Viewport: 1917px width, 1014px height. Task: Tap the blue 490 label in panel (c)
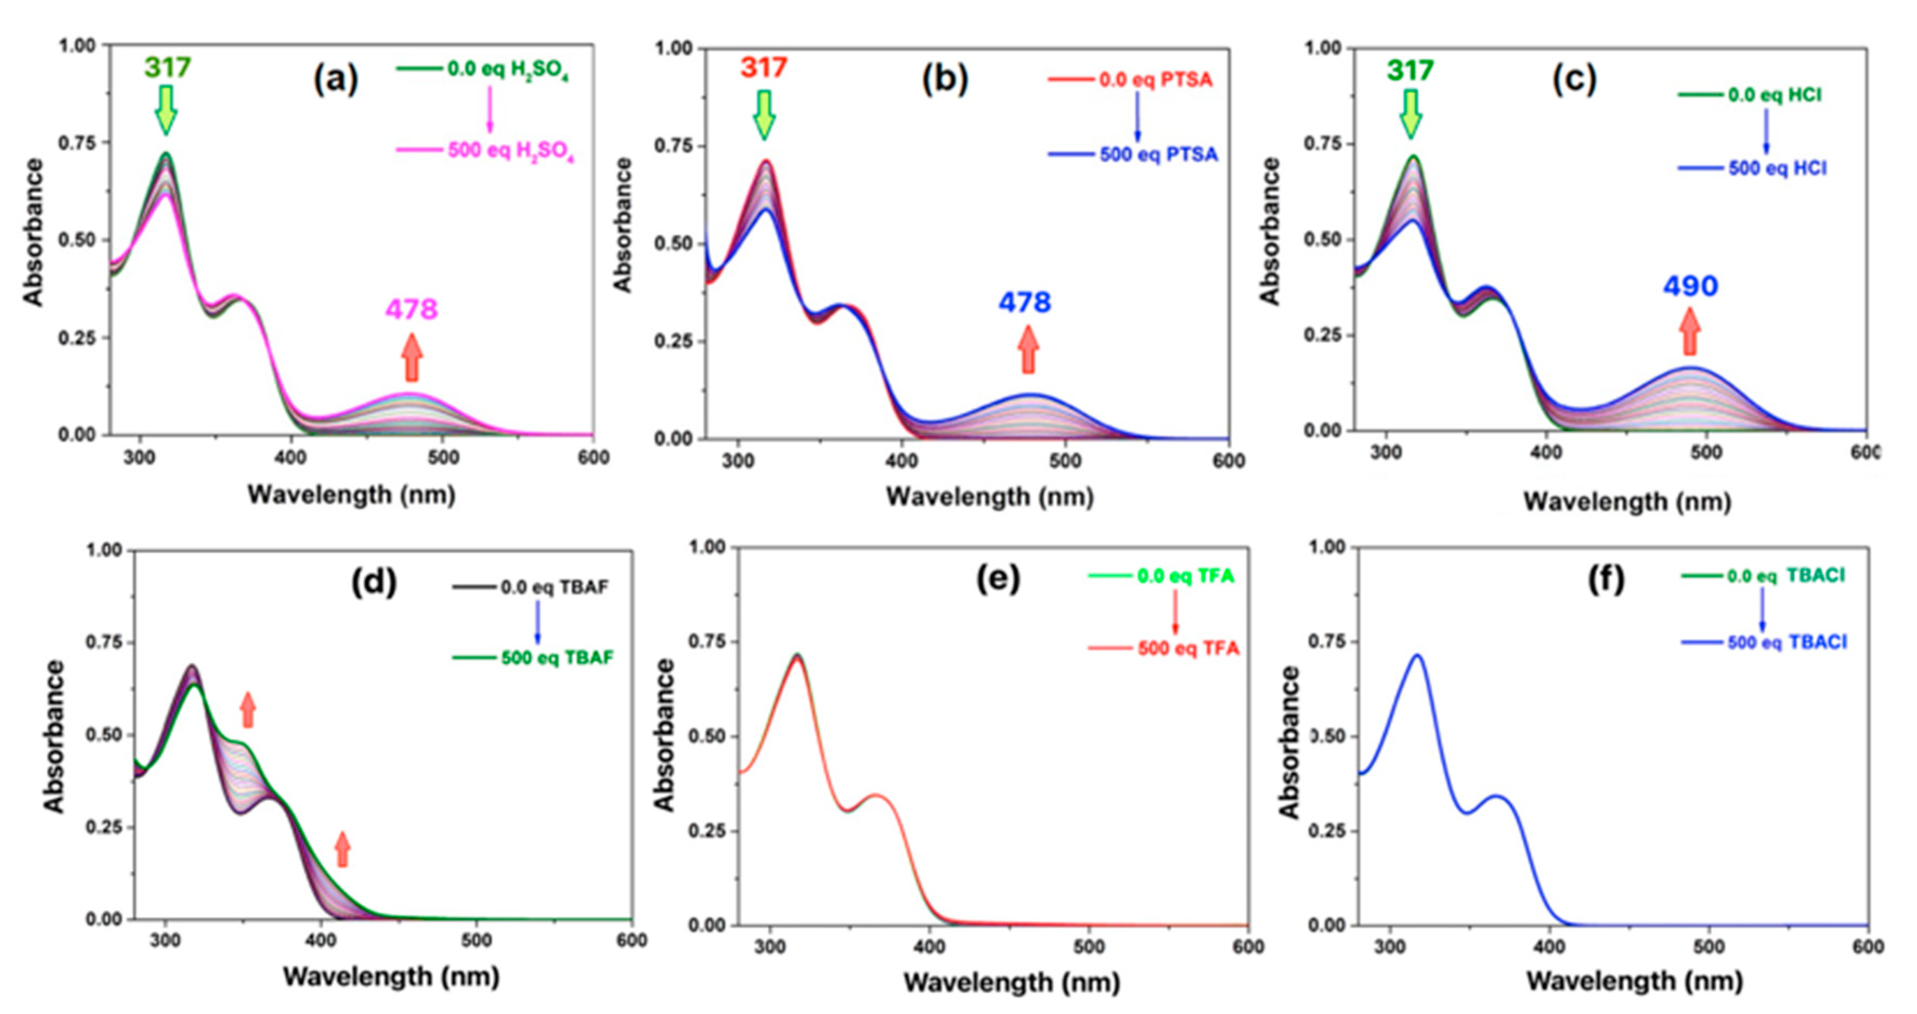pos(1690,286)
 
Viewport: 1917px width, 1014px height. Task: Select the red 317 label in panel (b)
pos(764,68)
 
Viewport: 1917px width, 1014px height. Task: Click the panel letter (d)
pos(374,582)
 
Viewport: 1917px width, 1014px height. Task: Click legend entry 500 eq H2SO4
pos(510,151)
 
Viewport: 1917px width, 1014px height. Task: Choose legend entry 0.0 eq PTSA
pos(1155,79)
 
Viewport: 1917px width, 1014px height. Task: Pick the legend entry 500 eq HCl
pos(1777,168)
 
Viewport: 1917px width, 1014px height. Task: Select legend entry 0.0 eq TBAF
pos(554,587)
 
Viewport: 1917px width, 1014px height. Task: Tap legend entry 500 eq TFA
pos(1188,649)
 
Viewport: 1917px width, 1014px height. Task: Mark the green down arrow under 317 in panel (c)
pos(1410,113)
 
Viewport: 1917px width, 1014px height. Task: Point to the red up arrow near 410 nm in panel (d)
pos(342,849)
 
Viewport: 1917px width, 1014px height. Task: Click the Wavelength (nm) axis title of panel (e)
pos(1011,982)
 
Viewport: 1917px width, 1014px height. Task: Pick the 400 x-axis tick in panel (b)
pos(901,462)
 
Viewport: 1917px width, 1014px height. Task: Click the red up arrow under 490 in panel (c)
pos(1690,331)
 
